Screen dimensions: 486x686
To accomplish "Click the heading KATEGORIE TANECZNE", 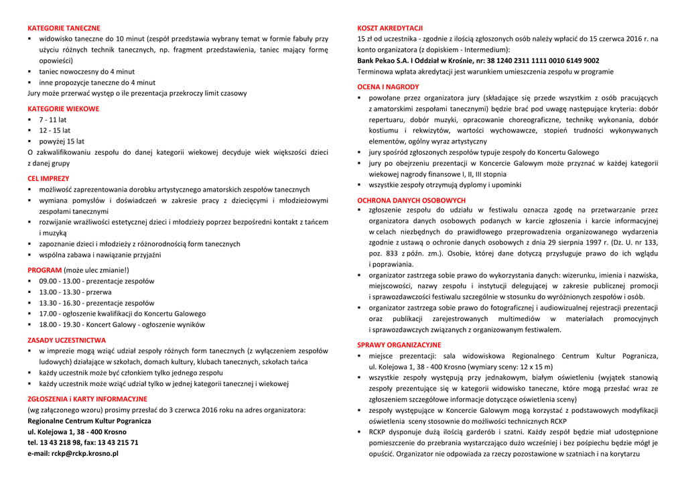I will (64, 28).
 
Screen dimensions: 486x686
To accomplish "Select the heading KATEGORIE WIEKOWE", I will (63, 109).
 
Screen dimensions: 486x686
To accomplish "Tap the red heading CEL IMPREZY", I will (48, 178).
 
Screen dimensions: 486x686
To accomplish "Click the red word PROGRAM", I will (44, 270).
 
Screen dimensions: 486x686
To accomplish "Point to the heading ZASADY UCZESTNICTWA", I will (66, 340).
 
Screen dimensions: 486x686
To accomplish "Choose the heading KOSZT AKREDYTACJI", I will (390, 28).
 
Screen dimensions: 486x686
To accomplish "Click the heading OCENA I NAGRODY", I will (388, 86).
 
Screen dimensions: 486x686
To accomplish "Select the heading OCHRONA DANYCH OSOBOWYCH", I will (411, 200).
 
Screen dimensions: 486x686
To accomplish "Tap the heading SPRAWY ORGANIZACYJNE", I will (399, 345).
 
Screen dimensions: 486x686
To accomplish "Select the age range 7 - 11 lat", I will (53, 120).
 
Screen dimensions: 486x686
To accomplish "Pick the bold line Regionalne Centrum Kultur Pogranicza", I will (89, 421).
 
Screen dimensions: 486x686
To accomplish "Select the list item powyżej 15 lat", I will (62, 141).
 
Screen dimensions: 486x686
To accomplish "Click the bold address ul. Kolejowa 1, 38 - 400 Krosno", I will (76, 432).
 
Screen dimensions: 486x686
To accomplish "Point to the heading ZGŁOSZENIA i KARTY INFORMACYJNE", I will (87, 399).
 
